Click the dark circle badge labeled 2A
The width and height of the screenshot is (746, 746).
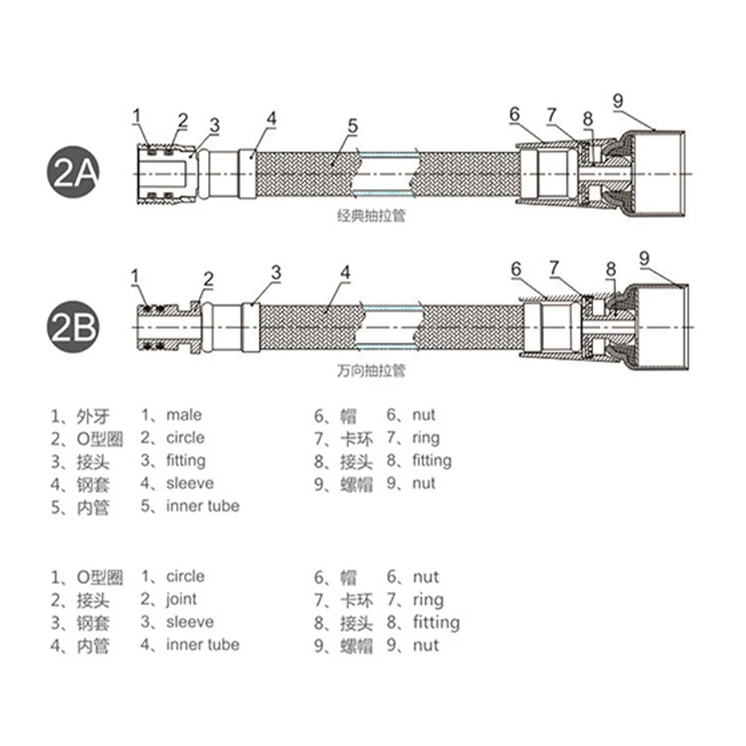coord(73,172)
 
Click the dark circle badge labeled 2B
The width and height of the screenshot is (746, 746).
coord(73,327)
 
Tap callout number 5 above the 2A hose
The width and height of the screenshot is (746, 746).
coord(353,126)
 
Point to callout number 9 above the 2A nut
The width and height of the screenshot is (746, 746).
coord(618,101)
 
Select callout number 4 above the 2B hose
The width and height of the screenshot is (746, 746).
coord(345,272)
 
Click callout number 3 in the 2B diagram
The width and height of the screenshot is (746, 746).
coord(277,272)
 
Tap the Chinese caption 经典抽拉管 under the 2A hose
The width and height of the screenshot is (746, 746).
coord(371,216)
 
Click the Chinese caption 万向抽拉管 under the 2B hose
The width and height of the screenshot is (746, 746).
coord(371,370)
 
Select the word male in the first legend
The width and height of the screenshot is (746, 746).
coord(184,415)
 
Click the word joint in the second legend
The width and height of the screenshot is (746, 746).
coord(181,600)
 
